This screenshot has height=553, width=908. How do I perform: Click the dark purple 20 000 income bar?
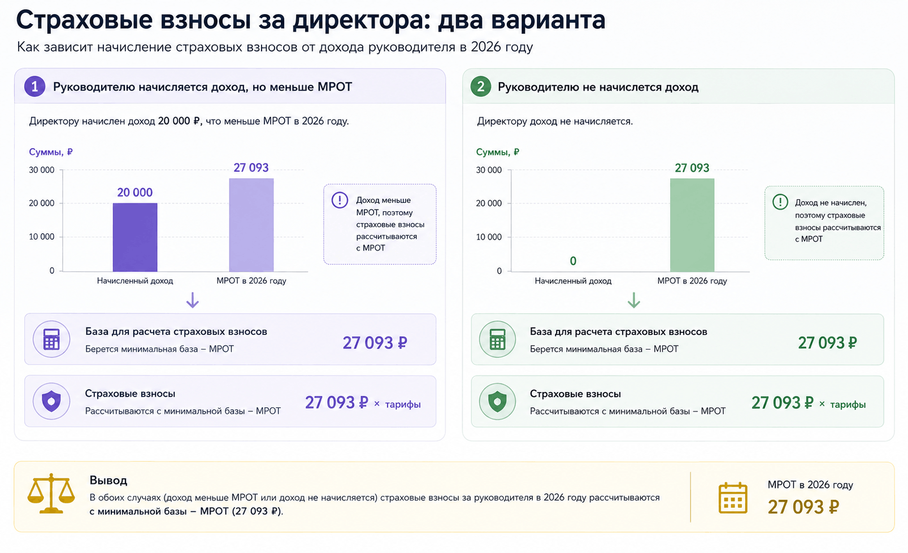(x=135, y=237)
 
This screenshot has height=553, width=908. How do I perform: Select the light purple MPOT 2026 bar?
(x=251, y=225)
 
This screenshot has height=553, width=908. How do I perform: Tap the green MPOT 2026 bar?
(x=692, y=225)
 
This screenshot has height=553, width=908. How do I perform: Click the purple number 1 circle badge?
(x=34, y=86)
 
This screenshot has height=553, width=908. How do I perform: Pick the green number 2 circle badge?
(x=481, y=86)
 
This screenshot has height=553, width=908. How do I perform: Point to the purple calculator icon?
(x=51, y=339)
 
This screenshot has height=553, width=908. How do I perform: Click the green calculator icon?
(x=497, y=339)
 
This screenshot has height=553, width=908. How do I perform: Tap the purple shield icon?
(x=51, y=401)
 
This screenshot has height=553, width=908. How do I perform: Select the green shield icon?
(x=497, y=401)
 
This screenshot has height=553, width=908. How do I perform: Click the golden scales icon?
(x=51, y=494)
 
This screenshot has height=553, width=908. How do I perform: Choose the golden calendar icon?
(x=733, y=498)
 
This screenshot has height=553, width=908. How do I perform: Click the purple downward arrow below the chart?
(x=193, y=300)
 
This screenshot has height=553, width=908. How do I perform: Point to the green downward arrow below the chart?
(x=634, y=300)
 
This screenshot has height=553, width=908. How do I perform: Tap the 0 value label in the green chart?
(x=573, y=261)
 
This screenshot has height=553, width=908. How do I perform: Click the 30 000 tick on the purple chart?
(x=41, y=170)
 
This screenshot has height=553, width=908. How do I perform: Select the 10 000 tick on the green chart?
(x=488, y=237)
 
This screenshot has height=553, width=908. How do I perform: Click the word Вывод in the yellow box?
(x=108, y=481)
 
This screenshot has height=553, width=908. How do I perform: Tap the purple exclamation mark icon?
(x=340, y=200)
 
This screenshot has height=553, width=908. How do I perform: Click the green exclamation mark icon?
(x=780, y=201)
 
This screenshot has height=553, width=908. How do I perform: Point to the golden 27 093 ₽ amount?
(x=803, y=507)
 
